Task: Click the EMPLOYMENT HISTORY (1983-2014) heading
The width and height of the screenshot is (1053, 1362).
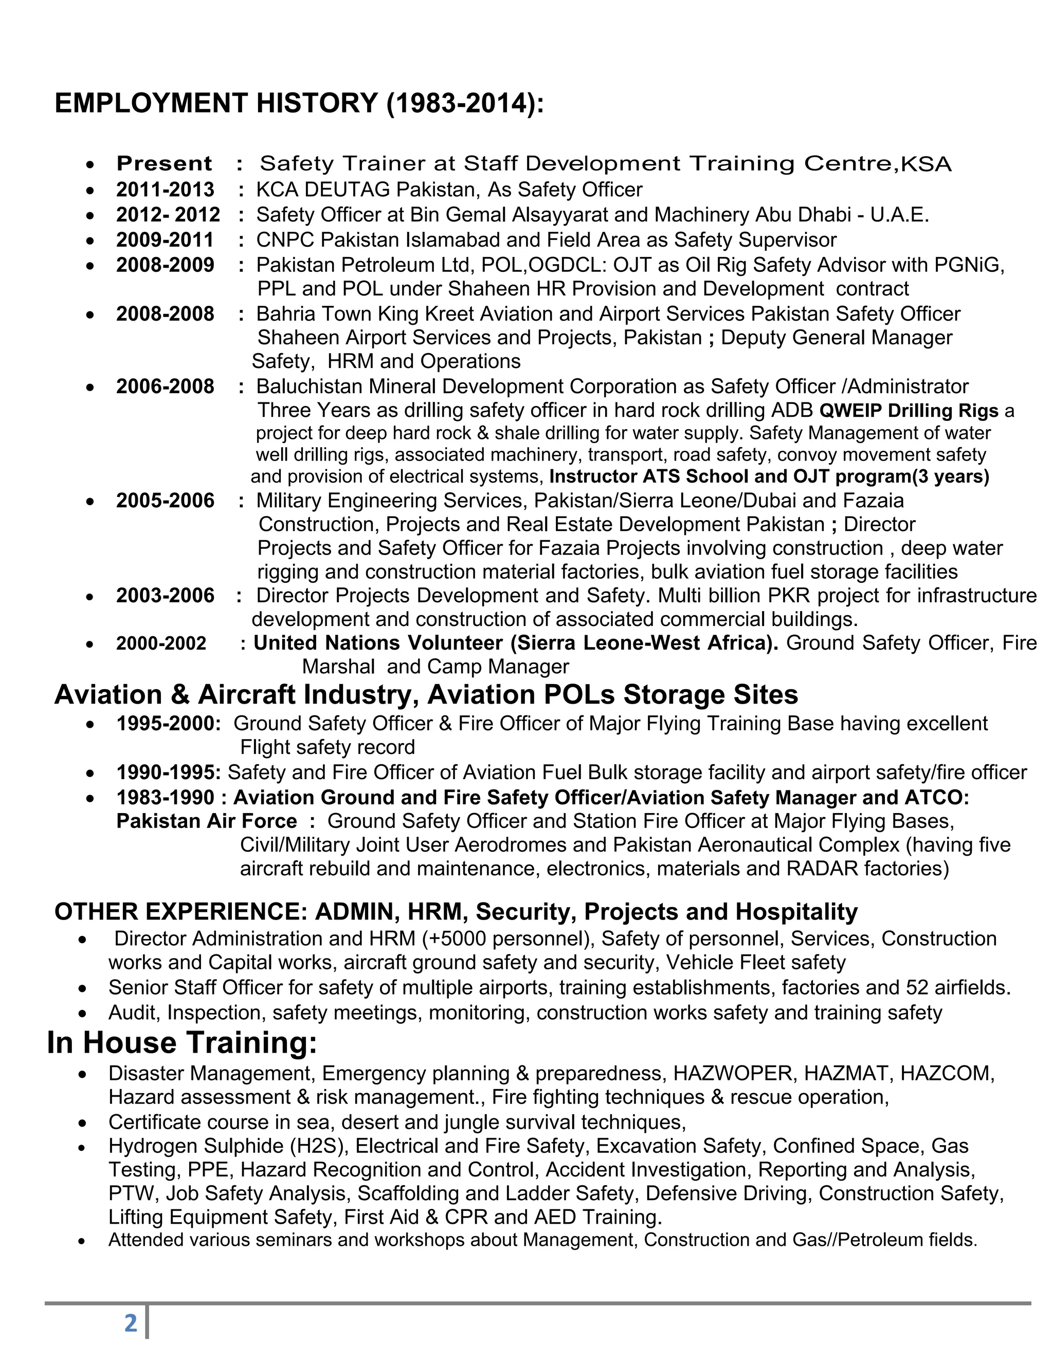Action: click(x=299, y=103)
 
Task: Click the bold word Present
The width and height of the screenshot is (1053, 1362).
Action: click(x=164, y=163)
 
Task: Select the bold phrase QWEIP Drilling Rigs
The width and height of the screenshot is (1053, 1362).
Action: click(x=909, y=411)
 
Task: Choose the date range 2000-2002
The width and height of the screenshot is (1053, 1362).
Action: click(x=161, y=643)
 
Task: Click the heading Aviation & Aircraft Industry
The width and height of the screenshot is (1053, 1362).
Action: click(x=237, y=695)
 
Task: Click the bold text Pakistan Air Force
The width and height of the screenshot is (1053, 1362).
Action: click(x=207, y=821)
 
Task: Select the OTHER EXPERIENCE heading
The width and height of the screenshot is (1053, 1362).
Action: click(x=180, y=912)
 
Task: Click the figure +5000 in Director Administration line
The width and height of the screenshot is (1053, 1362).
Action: click(x=456, y=938)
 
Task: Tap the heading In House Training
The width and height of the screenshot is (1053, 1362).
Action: click(x=182, y=1043)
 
